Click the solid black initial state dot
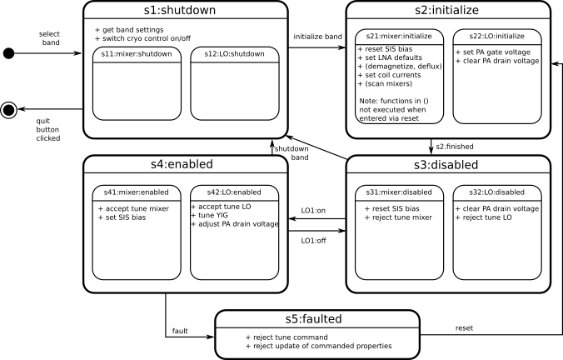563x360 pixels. click(8, 53)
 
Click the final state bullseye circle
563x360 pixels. click(8, 109)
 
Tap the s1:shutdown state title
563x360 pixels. click(180, 10)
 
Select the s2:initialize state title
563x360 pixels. click(446, 10)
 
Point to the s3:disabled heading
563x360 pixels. click(446, 165)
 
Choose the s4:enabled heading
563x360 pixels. click(182, 164)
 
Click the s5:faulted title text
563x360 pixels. click(313, 319)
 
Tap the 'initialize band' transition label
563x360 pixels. click(318, 37)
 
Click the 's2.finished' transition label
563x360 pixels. click(455, 147)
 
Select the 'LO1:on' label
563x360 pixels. click(313, 211)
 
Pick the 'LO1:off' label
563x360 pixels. click(313, 241)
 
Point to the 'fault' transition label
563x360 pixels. click(180, 331)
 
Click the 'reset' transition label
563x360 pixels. click(464, 328)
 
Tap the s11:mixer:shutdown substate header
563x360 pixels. click(137, 54)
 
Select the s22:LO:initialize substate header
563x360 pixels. click(497, 37)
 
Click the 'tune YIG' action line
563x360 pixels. click(210, 216)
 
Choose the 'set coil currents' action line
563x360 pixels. click(389, 75)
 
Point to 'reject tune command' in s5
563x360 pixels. click(286, 337)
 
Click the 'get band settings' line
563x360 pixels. click(129, 30)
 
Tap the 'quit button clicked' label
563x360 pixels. click(48, 130)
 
